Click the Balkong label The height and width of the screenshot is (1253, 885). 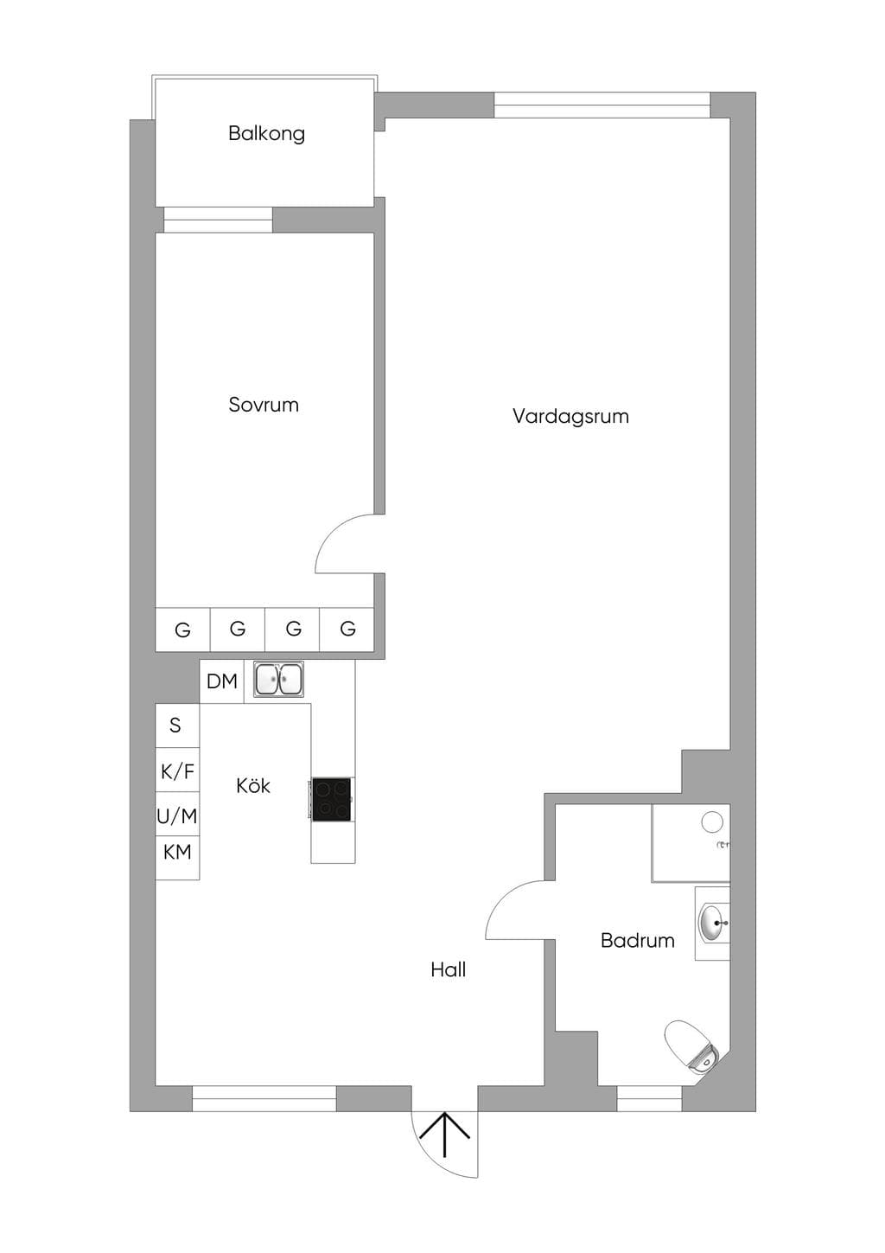click(267, 134)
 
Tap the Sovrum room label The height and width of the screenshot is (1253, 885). click(264, 405)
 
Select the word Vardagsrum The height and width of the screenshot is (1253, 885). click(570, 417)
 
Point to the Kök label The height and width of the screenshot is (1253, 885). click(252, 786)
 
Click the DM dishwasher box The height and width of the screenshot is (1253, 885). click(222, 681)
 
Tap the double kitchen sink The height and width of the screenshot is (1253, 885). click(279, 679)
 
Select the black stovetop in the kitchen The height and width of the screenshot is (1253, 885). click(332, 800)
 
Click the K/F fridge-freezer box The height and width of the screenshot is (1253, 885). click(177, 770)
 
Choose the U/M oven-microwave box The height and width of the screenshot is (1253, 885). click(177, 815)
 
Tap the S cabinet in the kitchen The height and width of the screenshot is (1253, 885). click(177, 726)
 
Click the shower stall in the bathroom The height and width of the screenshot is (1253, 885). click(691, 843)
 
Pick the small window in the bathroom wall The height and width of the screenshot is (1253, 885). click(649, 1098)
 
